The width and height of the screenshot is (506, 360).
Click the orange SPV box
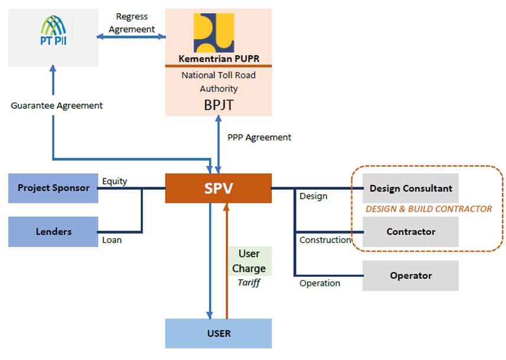click(x=218, y=189)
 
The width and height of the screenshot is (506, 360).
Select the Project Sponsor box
click(x=53, y=189)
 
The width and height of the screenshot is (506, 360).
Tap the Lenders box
click(x=53, y=232)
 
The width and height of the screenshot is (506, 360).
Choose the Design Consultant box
click(x=410, y=189)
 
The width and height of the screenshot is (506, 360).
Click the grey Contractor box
click(x=410, y=232)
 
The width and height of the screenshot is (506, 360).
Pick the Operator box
click(x=410, y=275)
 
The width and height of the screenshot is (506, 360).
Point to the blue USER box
click(x=218, y=333)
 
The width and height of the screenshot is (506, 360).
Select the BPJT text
click(x=218, y=105)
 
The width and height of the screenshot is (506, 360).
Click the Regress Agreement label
click(x=132, y=23)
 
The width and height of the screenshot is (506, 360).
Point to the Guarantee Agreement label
click(x=57, y=106)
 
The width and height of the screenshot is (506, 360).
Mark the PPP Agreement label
click(x=259, y=137)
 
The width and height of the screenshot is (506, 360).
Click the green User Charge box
click(x=249, y=261)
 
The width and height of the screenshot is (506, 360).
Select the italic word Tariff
click(x=249, y=283)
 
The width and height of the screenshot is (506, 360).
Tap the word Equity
click(x=114, y=181)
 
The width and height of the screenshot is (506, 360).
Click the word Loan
click(x=112, y=241)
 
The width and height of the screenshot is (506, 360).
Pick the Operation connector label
click(x=319, y=283)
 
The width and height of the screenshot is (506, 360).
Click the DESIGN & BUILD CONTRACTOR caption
click(x=429, y=209)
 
